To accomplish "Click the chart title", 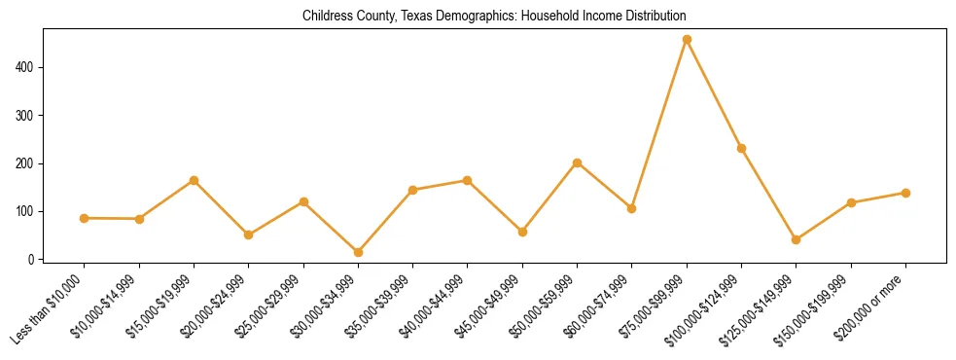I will (x=494, y=17).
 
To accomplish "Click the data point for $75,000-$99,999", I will (x=687, y=40).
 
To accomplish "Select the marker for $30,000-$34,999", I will (x=358, y=252).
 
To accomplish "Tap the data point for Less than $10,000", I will (x=85, y=218).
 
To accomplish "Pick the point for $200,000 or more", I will (x=905, y=193).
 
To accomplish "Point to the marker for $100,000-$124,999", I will (x=741, y=148).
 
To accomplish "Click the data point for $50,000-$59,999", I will (x=577, y=162).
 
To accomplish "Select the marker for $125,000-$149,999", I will (x=796, y=239).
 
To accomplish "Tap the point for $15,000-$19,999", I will (x=194, y=180).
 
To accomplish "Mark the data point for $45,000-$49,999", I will (x=522, y=232).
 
